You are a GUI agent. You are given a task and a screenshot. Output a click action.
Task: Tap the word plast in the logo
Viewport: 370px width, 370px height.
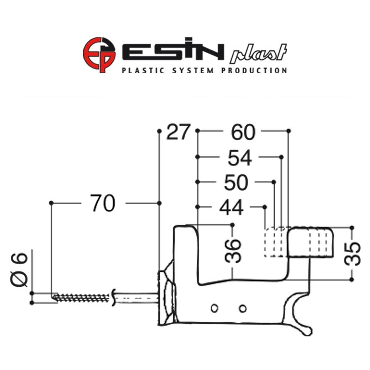point(259,54)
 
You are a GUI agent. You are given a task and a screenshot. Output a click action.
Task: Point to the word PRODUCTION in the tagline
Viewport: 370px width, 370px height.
point(254,70)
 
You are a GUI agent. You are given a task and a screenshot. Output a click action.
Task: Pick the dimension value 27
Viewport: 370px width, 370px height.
point(178,132)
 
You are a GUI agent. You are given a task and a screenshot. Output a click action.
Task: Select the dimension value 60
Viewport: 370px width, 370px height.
point(243,132)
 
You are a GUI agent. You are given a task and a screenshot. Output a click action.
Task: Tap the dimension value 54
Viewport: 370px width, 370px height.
point(239,158)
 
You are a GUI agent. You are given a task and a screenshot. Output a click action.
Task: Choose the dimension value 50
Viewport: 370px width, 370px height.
point(236,182)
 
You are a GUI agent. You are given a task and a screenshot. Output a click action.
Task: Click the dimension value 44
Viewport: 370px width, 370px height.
point(231,208)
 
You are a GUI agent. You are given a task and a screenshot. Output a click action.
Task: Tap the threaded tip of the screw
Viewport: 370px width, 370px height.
point(55,297)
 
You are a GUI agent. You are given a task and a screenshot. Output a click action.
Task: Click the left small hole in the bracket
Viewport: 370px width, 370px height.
point(213,308)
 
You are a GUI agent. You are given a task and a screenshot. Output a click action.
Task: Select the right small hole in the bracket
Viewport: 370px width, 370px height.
point(243,308)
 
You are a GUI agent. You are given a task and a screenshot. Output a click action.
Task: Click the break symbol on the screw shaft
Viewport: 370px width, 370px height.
point(113,297)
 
